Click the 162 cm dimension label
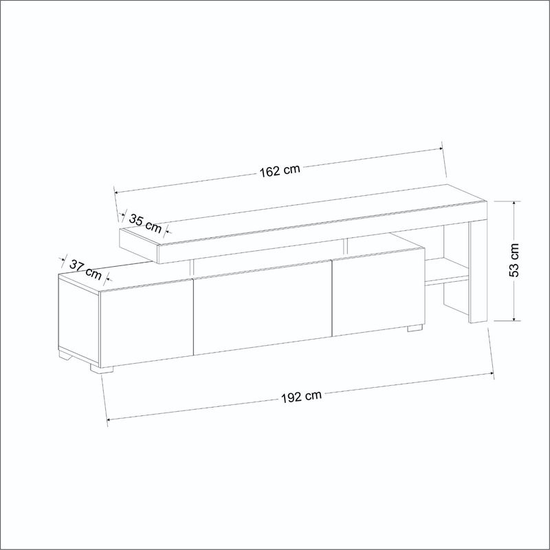(x=280, y=170)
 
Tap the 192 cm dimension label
(x=300, y=396)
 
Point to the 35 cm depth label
(x=144, y=222)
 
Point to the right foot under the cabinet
(x=414, y=328)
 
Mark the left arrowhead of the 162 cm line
(x=116, y=192)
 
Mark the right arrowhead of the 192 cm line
(x=492, y=373)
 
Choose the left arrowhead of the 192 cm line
(x=109, y=419)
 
